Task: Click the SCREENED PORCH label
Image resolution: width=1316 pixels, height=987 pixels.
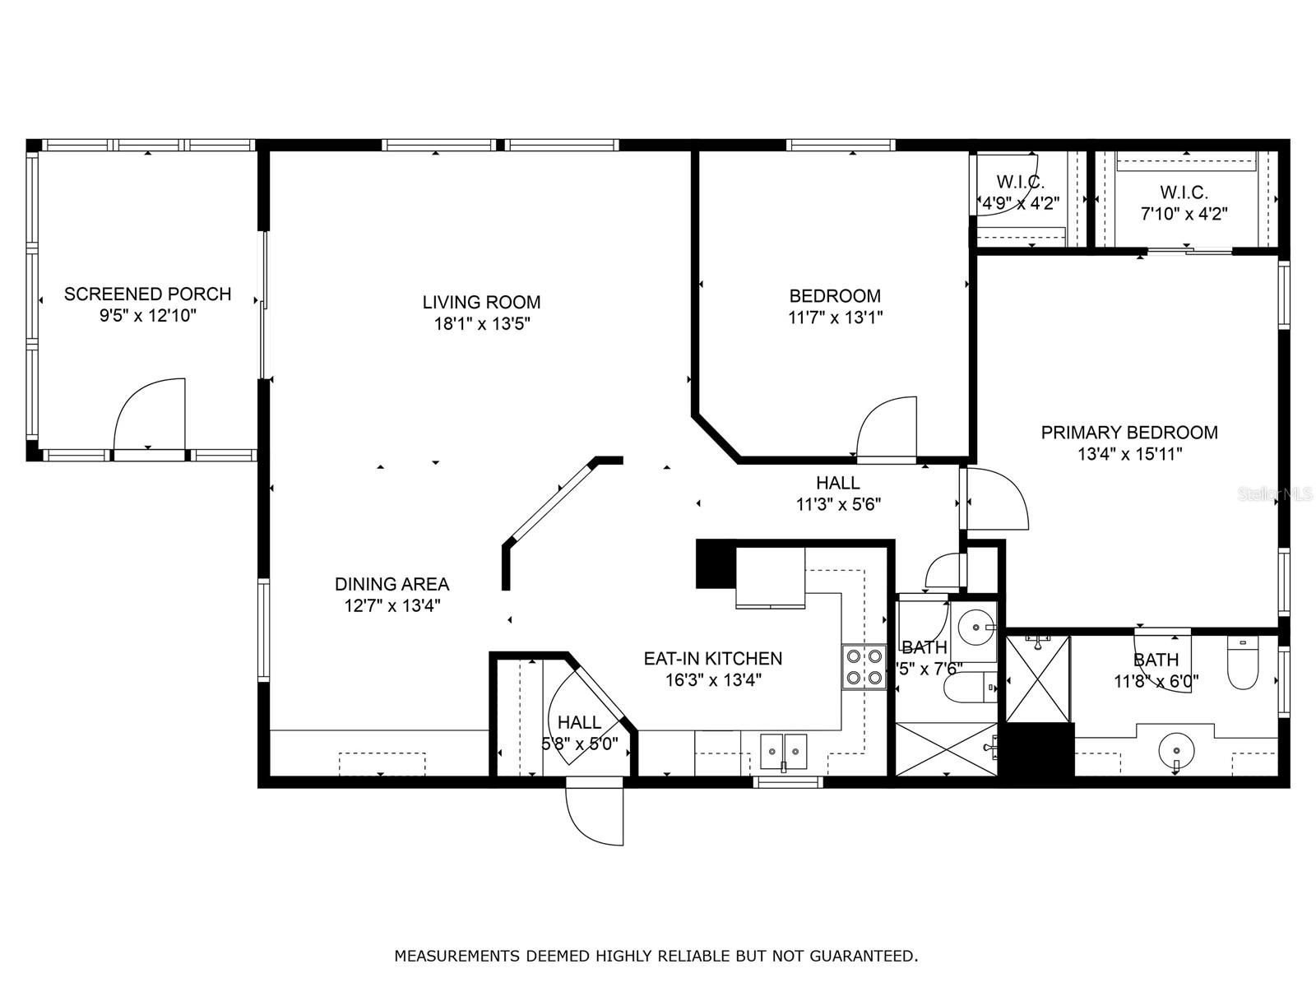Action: tap(147, 294)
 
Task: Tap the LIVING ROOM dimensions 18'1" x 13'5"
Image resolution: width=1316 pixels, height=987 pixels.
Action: tap(481, 323)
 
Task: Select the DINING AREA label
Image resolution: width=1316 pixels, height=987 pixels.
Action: tap(392, 584)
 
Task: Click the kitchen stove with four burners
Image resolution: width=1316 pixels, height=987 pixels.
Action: tap(864, 667)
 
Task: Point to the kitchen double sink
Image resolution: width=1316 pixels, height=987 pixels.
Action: tap(783, 750)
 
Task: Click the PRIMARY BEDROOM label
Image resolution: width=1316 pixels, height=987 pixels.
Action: tap(1128, 432)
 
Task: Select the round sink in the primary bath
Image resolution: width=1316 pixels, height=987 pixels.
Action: tap(1177, 750)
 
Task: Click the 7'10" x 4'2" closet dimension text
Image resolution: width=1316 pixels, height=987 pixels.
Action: tap(1184, 214)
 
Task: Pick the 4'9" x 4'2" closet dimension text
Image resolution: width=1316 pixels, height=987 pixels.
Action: tap(1020, 202)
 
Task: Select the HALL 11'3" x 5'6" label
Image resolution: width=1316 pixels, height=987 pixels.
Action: tap(838, 493)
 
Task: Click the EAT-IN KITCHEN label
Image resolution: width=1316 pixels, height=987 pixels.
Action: tap(712, 658)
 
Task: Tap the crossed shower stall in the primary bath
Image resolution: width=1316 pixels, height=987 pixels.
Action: tap(1037, 679)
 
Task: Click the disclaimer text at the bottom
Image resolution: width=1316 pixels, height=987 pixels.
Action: tap(656, 956)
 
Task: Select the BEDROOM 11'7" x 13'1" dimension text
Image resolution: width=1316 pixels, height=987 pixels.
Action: tap(835, 317)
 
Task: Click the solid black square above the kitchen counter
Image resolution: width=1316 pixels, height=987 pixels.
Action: tap(715, 564)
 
